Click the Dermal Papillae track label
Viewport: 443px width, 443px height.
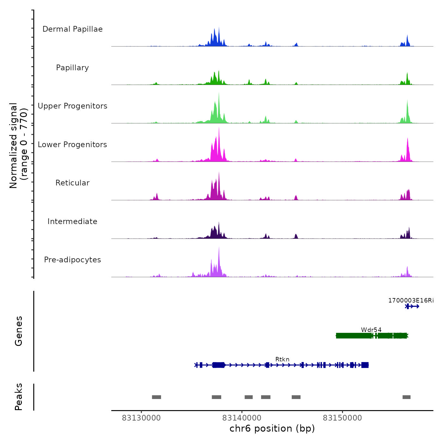(x=72, y=29)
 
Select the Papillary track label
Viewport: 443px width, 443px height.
(x=72, y=68)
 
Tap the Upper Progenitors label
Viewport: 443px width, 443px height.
(x=72, y=106)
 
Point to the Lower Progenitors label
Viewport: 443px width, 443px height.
(x=72, y=145)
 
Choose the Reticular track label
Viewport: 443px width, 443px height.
(x=72, y=183)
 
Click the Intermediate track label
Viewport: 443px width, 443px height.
(x=72, y=221)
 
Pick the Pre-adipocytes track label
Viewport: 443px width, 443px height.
(x=72, y=260)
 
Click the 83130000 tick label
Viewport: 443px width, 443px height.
(x=141, y=418)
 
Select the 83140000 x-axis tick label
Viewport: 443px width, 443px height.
(x=242, y=418)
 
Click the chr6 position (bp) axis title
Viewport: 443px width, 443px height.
(x=272, y=428)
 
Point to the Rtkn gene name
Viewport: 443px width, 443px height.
(x=282, y=359)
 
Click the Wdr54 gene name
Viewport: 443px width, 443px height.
(x=371, y=330)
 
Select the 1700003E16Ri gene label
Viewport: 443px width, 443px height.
(x=411, y=300)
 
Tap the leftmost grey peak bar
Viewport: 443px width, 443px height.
(x=156, y=397)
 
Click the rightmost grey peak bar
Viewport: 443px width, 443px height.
(x=406, y=397)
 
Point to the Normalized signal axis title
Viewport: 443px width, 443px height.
(x=18, y=146)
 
